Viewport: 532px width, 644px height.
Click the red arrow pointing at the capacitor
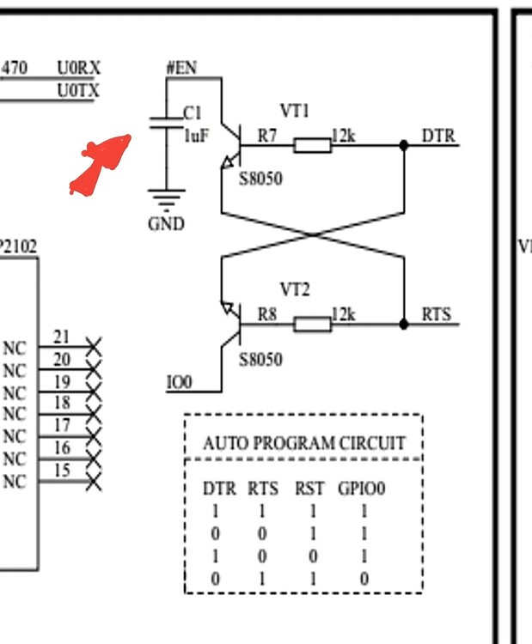tap(100, 163)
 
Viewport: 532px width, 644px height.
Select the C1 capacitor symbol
tap(166, 122)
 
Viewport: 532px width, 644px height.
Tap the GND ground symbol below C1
tap(166, 199)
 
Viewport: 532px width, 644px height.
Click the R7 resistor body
tap(312, 144)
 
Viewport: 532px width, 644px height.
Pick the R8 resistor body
tap(312, 324)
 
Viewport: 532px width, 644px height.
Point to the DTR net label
tap(438, 136)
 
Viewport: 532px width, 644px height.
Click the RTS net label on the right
tap(437, 314)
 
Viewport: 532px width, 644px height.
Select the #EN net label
tap(180, 66)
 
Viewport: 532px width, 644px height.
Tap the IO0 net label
tap(180, 382)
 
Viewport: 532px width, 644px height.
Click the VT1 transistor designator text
tap(294, 111)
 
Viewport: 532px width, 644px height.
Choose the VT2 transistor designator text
tap(294, 290)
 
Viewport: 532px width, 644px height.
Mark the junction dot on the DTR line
tap(403, 144)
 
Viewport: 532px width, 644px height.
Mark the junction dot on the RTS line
tap(403, 324)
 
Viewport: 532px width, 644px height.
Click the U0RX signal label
tap(78, 68)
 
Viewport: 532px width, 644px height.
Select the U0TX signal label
tap(78, 89)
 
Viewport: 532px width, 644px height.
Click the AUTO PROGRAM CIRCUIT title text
tap(303, 444)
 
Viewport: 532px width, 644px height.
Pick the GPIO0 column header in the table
tap(361, 489)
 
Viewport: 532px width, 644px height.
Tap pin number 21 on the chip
tap(62, 337)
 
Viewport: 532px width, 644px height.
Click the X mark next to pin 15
tap(93, 482)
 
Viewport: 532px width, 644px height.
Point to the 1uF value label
tap(196, 135)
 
